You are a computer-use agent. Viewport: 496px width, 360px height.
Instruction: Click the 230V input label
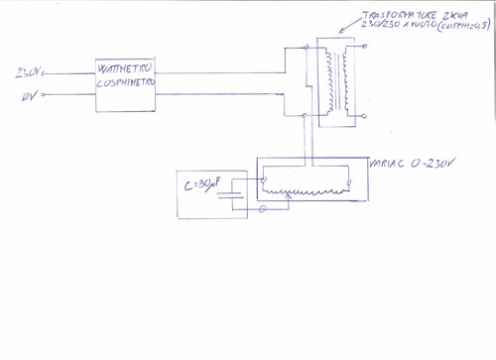[31, 73]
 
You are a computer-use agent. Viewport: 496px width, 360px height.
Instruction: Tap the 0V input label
[28, 97]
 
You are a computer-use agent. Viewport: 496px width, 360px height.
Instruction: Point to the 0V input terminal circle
[48, 97]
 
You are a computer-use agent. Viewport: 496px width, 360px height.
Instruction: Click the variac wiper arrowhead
[288, 197]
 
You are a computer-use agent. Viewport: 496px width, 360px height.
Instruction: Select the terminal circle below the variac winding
[262, 210]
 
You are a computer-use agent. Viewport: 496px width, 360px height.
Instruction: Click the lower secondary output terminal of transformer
[365, 116]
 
